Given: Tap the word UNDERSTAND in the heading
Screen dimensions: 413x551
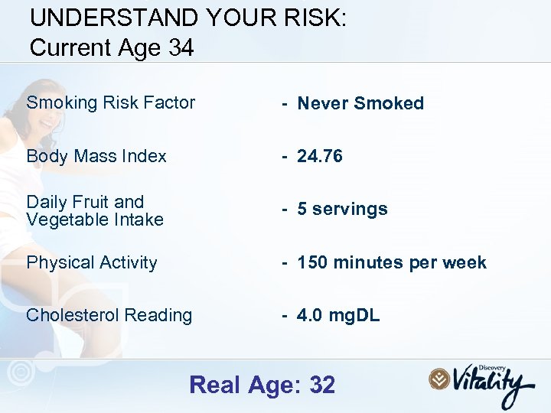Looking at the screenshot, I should tap(104, 18).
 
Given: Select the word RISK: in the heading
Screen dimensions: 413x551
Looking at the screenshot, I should tap(315, 18).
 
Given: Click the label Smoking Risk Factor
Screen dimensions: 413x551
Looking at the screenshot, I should tap(111, 102).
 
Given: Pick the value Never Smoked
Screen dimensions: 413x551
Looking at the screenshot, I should tap(360, 103).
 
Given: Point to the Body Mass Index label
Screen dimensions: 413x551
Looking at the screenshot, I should tap(96, 156).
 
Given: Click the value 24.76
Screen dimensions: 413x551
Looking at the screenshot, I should tap(319, 156).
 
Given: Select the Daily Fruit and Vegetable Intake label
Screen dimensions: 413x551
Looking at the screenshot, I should tap(95, 210).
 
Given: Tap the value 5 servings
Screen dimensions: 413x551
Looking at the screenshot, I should tap(342, 209).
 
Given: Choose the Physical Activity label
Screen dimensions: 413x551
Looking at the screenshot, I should tap(92, 262).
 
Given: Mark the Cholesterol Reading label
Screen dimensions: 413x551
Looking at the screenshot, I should tap(109, 315).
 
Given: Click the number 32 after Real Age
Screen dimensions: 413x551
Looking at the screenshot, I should tap(322, 385).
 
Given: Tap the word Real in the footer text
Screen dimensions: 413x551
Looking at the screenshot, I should tap(216, 385).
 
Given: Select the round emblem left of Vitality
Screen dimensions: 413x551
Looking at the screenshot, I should tap(439, 379).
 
